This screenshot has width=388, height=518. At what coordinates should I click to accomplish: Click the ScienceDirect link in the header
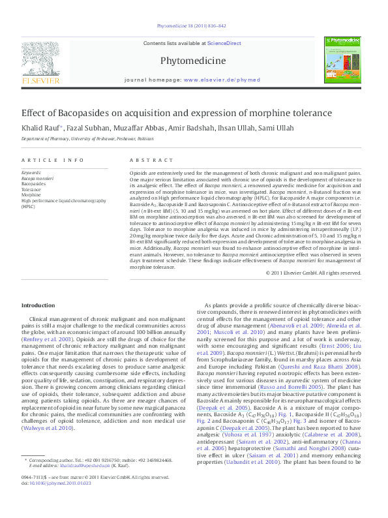point(224,43)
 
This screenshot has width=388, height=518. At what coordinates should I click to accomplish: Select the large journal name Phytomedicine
point(193,61)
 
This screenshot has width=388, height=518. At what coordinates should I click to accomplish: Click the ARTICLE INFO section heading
point(52,160)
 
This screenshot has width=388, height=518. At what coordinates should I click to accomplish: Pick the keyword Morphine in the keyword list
point(31,195)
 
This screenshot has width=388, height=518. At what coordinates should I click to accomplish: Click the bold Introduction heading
point(38,305)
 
